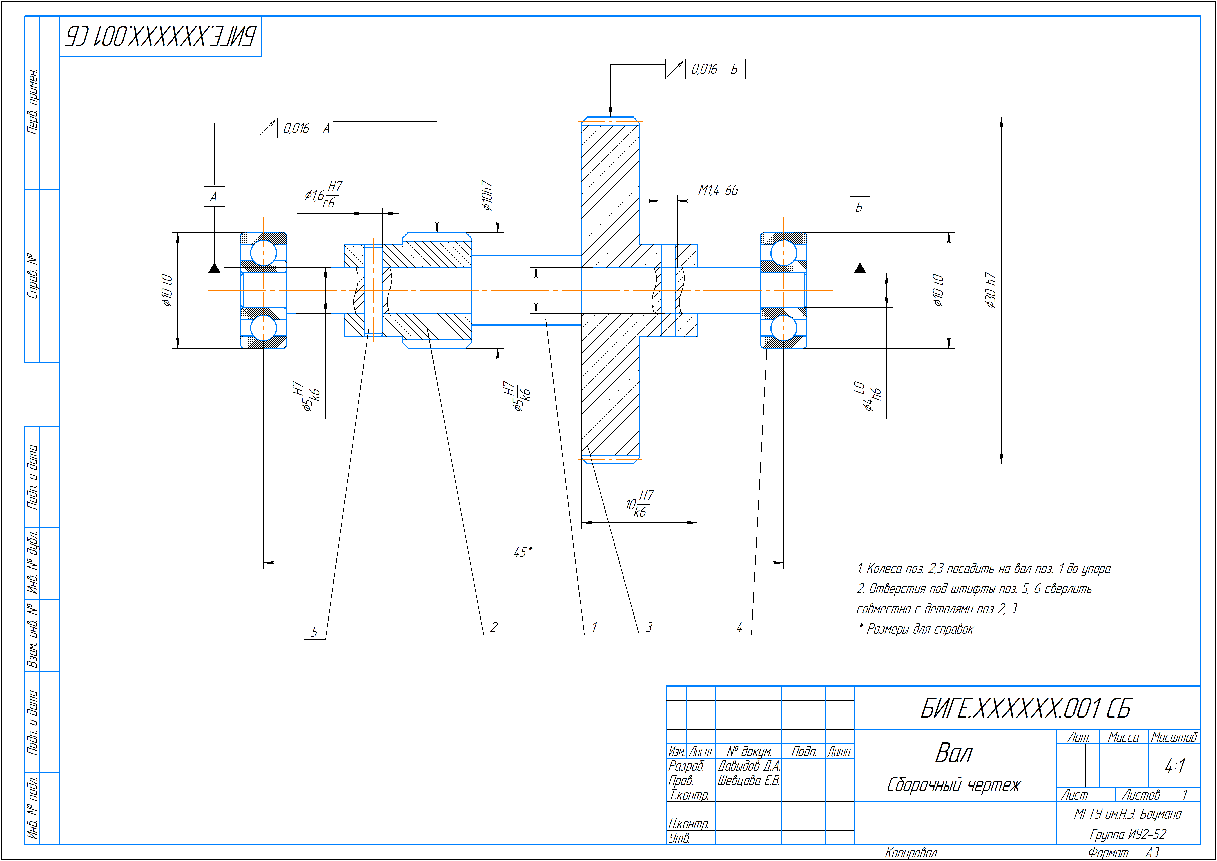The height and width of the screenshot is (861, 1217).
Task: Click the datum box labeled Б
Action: tap(859, 207)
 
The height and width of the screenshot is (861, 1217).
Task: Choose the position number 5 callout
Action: tap(315, 632)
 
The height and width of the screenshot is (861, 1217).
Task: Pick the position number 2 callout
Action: tap(494, 627)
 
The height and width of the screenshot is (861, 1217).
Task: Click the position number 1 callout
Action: tap(594, 627)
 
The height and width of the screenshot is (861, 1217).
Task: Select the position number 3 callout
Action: tap(649, 627)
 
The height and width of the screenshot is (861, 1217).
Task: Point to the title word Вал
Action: tap(954, 753)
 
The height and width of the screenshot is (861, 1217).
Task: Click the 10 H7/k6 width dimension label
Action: tap(639, 504)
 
